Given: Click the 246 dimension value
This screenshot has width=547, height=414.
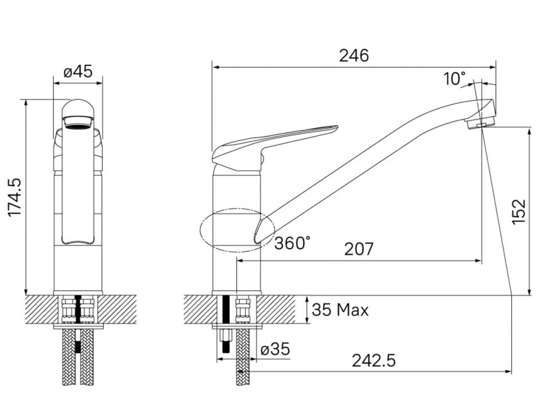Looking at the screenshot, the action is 354,56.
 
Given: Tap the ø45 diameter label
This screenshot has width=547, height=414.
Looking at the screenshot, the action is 78,72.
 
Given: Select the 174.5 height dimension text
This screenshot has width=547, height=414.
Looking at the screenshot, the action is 15,197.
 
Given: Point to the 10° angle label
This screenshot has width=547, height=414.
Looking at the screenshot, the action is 455,79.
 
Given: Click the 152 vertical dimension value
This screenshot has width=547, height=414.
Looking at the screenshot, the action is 519,212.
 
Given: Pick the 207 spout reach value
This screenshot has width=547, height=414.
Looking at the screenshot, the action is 359,249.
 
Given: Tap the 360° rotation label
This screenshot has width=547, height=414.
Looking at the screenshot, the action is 292,243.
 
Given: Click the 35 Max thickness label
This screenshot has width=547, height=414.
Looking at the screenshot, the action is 340,310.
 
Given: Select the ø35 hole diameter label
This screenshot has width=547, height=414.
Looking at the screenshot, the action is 275,349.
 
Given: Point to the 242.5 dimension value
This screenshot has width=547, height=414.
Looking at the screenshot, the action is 374,360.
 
